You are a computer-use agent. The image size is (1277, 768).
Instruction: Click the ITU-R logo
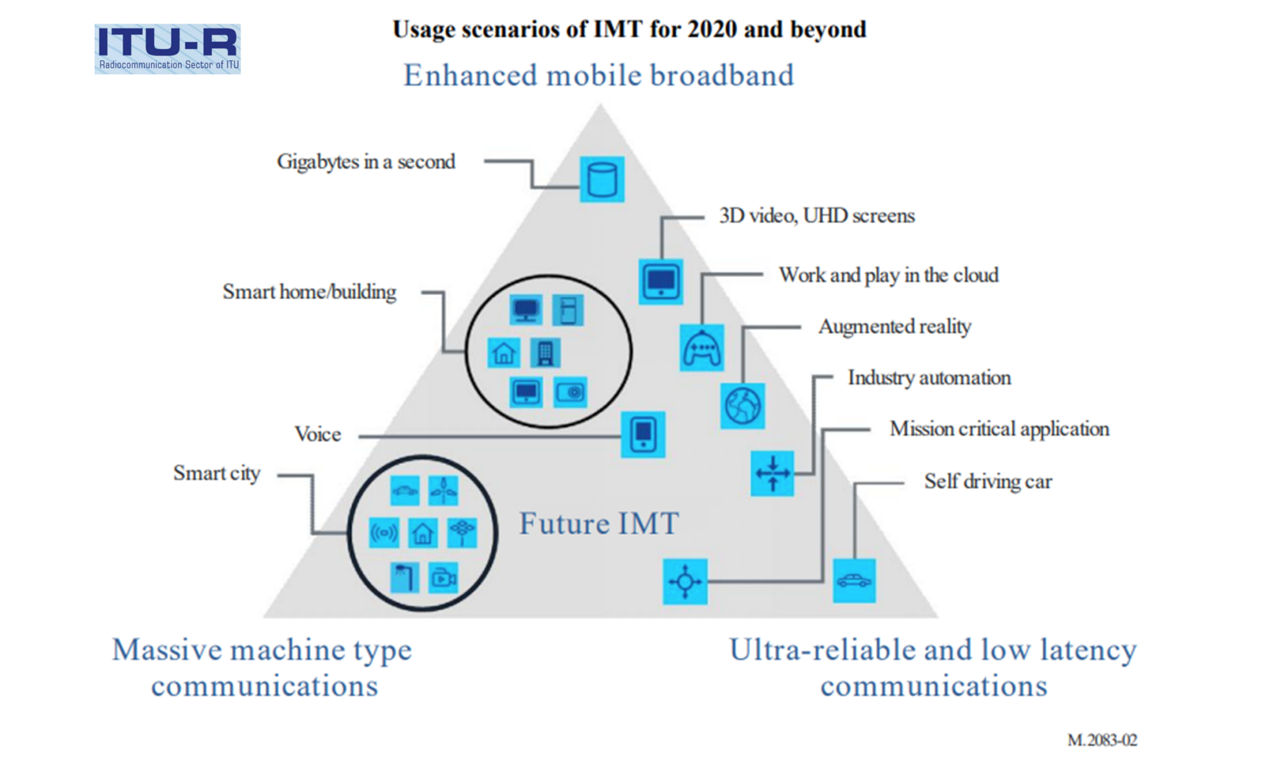167,49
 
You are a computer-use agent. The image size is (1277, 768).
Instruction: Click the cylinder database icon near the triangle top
602,180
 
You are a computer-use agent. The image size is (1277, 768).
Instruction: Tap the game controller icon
701,348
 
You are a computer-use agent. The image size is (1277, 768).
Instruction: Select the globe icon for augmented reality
742,406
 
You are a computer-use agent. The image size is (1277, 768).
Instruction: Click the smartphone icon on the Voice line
643,434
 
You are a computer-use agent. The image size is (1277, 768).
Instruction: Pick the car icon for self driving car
854,581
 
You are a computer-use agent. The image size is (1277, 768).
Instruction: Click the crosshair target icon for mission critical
685,582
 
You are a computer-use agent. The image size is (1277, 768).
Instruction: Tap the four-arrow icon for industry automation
772,473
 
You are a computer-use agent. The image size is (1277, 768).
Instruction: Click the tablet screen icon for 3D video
660,282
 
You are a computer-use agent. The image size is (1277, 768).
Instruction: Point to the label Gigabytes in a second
366,162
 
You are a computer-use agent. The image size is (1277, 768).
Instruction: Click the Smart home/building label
309,292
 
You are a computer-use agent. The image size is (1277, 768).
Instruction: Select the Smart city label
216,473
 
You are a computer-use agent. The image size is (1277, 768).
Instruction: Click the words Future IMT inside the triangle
599,524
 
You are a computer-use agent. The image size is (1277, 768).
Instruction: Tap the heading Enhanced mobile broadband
599,75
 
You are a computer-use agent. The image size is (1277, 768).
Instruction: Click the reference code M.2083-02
1102,740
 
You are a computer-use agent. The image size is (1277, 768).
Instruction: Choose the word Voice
317,434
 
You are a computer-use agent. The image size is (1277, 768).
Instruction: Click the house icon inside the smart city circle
422,533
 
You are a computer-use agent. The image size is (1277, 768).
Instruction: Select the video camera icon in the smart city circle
443,578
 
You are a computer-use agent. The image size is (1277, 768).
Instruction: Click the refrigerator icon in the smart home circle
567,310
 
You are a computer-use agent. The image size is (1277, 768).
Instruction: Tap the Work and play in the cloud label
889,275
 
